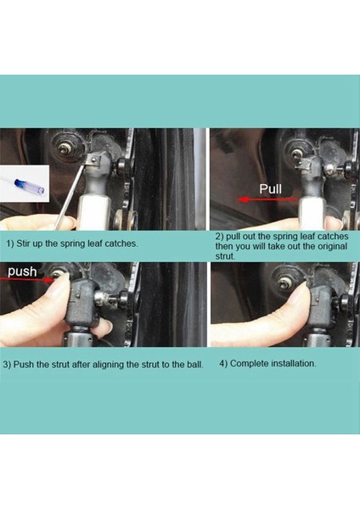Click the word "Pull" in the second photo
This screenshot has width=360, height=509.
[270, 189]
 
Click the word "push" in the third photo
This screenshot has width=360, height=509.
[22, 271]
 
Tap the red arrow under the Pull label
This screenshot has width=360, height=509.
[267, 199]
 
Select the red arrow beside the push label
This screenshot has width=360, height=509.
[26, 279]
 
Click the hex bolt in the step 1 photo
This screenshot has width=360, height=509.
[63, 149]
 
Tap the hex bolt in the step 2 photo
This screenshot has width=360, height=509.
[295, 154]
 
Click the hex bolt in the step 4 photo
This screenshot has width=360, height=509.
[285, 283]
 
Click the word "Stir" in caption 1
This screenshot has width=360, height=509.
[23, 243]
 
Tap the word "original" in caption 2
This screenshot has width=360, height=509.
[332, 246]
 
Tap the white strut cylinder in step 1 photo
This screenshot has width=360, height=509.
[93, 213]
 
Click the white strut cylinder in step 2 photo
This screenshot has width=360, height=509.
[312, 214]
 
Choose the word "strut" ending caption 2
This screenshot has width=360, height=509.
[225, 256]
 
